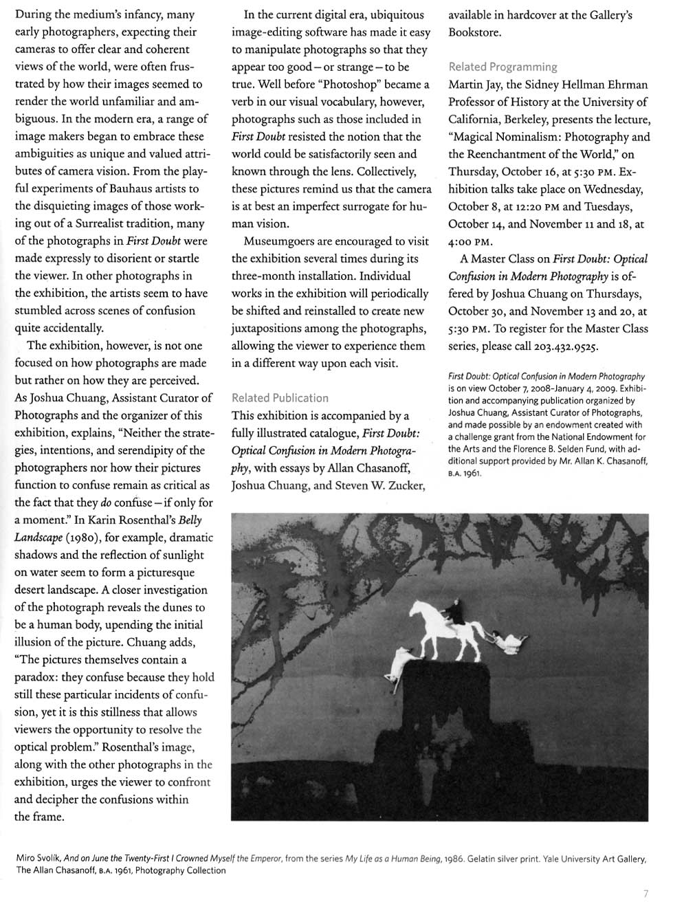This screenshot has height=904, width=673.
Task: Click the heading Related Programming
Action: click(x=503, y=67)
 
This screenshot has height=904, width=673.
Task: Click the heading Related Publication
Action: click(x=280, y=397)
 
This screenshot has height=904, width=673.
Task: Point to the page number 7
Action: click(x=645, y=893)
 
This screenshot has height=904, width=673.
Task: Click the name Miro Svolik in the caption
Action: click(x=38, y=859)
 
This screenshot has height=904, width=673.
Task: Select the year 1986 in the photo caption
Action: click(x=456, y=859)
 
